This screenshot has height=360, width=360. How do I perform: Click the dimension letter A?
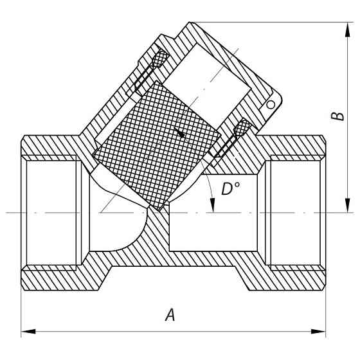170,315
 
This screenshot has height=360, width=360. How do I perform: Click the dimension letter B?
337,116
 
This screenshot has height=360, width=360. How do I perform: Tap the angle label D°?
231,188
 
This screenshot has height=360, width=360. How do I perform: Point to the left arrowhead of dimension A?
28,332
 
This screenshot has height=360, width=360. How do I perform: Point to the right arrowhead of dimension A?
318,332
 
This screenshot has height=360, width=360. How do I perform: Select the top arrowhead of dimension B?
348,30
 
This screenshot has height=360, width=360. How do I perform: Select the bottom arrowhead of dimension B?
348,205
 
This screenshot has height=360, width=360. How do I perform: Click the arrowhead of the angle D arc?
213,205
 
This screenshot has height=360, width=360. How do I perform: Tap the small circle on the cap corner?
271,105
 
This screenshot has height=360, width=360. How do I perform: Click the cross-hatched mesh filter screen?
157,145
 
